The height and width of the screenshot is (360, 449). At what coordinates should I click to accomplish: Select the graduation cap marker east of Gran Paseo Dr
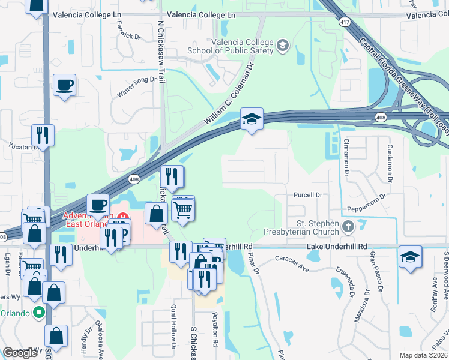411,257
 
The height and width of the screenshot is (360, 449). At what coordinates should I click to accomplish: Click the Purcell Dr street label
308,195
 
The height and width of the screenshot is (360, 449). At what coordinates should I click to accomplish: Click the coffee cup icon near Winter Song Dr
64,85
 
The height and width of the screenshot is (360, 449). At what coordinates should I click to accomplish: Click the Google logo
20,353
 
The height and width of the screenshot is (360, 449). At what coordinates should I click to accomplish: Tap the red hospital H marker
124,216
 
